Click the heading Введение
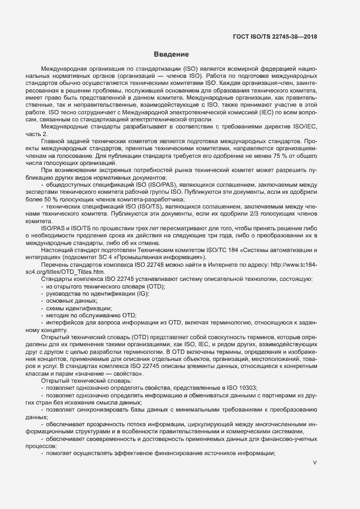coord(171,54)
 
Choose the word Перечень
coord(56,264)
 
